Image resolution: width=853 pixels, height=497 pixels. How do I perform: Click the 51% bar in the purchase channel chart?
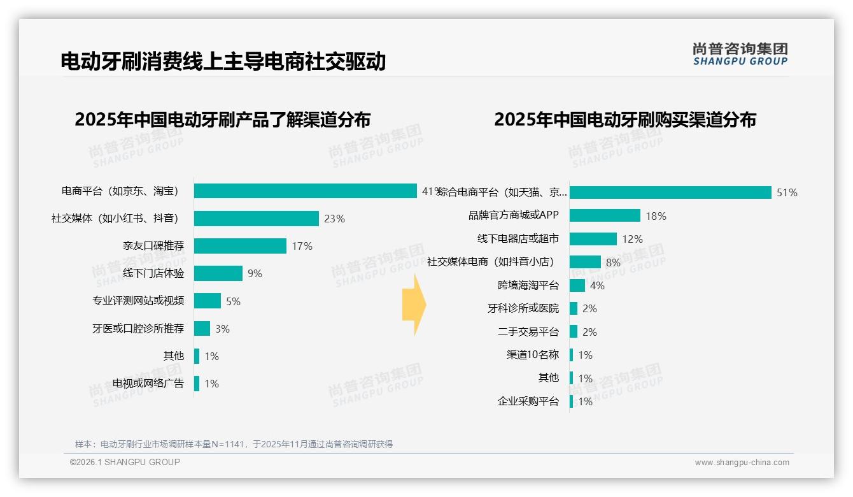tap(670, 192)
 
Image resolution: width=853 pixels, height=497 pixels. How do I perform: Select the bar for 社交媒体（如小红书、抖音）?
tap(256, 219)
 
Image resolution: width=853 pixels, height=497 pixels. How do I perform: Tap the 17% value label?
tap(302, 246)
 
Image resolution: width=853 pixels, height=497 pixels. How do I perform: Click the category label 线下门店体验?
tap(153, 273)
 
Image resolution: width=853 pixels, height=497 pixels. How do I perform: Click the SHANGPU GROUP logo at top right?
tap(740, 54)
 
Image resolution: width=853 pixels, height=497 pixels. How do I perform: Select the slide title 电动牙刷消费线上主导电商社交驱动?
tap(223, 61)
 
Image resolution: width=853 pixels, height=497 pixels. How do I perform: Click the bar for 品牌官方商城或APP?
tap(605, 216)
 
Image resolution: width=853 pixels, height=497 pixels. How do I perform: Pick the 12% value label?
tap(633, 239)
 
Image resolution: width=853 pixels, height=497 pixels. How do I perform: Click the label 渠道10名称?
tap(532, 355)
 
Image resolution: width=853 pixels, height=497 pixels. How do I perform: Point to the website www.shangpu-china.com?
tap(742, 463)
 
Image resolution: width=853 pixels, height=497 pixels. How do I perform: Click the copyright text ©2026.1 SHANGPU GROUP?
tap(125, 462)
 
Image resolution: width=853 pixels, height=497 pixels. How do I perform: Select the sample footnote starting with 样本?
tap(234, 444)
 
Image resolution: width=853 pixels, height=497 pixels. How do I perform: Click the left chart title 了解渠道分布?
tap(222, 120)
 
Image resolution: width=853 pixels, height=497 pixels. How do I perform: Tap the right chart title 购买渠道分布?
tap(624, 120)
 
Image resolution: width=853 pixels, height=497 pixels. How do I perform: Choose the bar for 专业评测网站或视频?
tap(208, 301)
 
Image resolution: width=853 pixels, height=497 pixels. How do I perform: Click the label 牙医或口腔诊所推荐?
tap(137, 329)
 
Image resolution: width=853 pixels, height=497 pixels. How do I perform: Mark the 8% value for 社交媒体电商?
tap(613, 262)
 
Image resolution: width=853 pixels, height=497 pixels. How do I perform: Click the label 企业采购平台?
tap(528, 401)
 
